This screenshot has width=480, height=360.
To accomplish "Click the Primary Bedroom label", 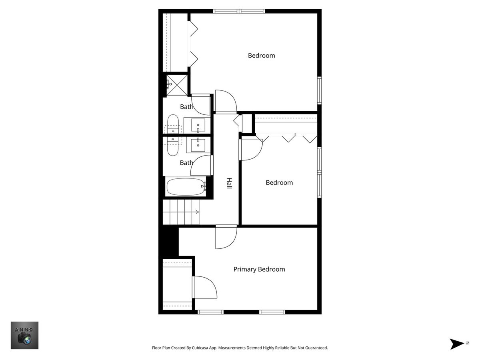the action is pos(259,270).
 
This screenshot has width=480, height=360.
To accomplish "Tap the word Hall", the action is pos(229,183).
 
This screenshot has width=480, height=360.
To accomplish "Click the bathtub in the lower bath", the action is pos(186,187).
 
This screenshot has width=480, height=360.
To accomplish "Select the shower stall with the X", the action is pos(177,85).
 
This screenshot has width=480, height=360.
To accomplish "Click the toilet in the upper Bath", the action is pos(173,124).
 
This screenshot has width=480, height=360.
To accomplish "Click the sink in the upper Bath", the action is pos(198,126).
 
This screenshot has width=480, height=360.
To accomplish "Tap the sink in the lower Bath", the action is pos(198,145).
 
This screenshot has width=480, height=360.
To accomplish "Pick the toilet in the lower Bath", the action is pos(173,146).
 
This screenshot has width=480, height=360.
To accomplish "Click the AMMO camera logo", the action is pos(24,335).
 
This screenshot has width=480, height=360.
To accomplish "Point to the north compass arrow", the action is pos(456,344).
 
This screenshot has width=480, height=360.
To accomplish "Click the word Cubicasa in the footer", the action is pos(200,348).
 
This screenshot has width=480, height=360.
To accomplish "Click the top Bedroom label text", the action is pos(261,56).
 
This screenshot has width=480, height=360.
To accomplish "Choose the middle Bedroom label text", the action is pos(279,183).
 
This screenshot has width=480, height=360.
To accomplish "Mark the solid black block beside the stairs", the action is pos(169,241).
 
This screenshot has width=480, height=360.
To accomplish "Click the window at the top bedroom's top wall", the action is pos(239,11).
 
